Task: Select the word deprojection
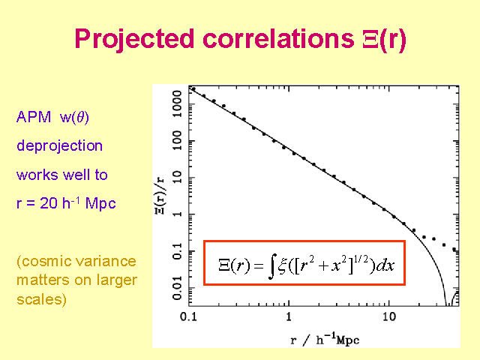[x=60, y=145]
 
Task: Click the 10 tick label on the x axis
[x=388, y=316]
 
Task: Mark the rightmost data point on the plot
[x=454, y=249]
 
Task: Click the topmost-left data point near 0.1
[x=193, y=89]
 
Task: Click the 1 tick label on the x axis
[x=288, y=316]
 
